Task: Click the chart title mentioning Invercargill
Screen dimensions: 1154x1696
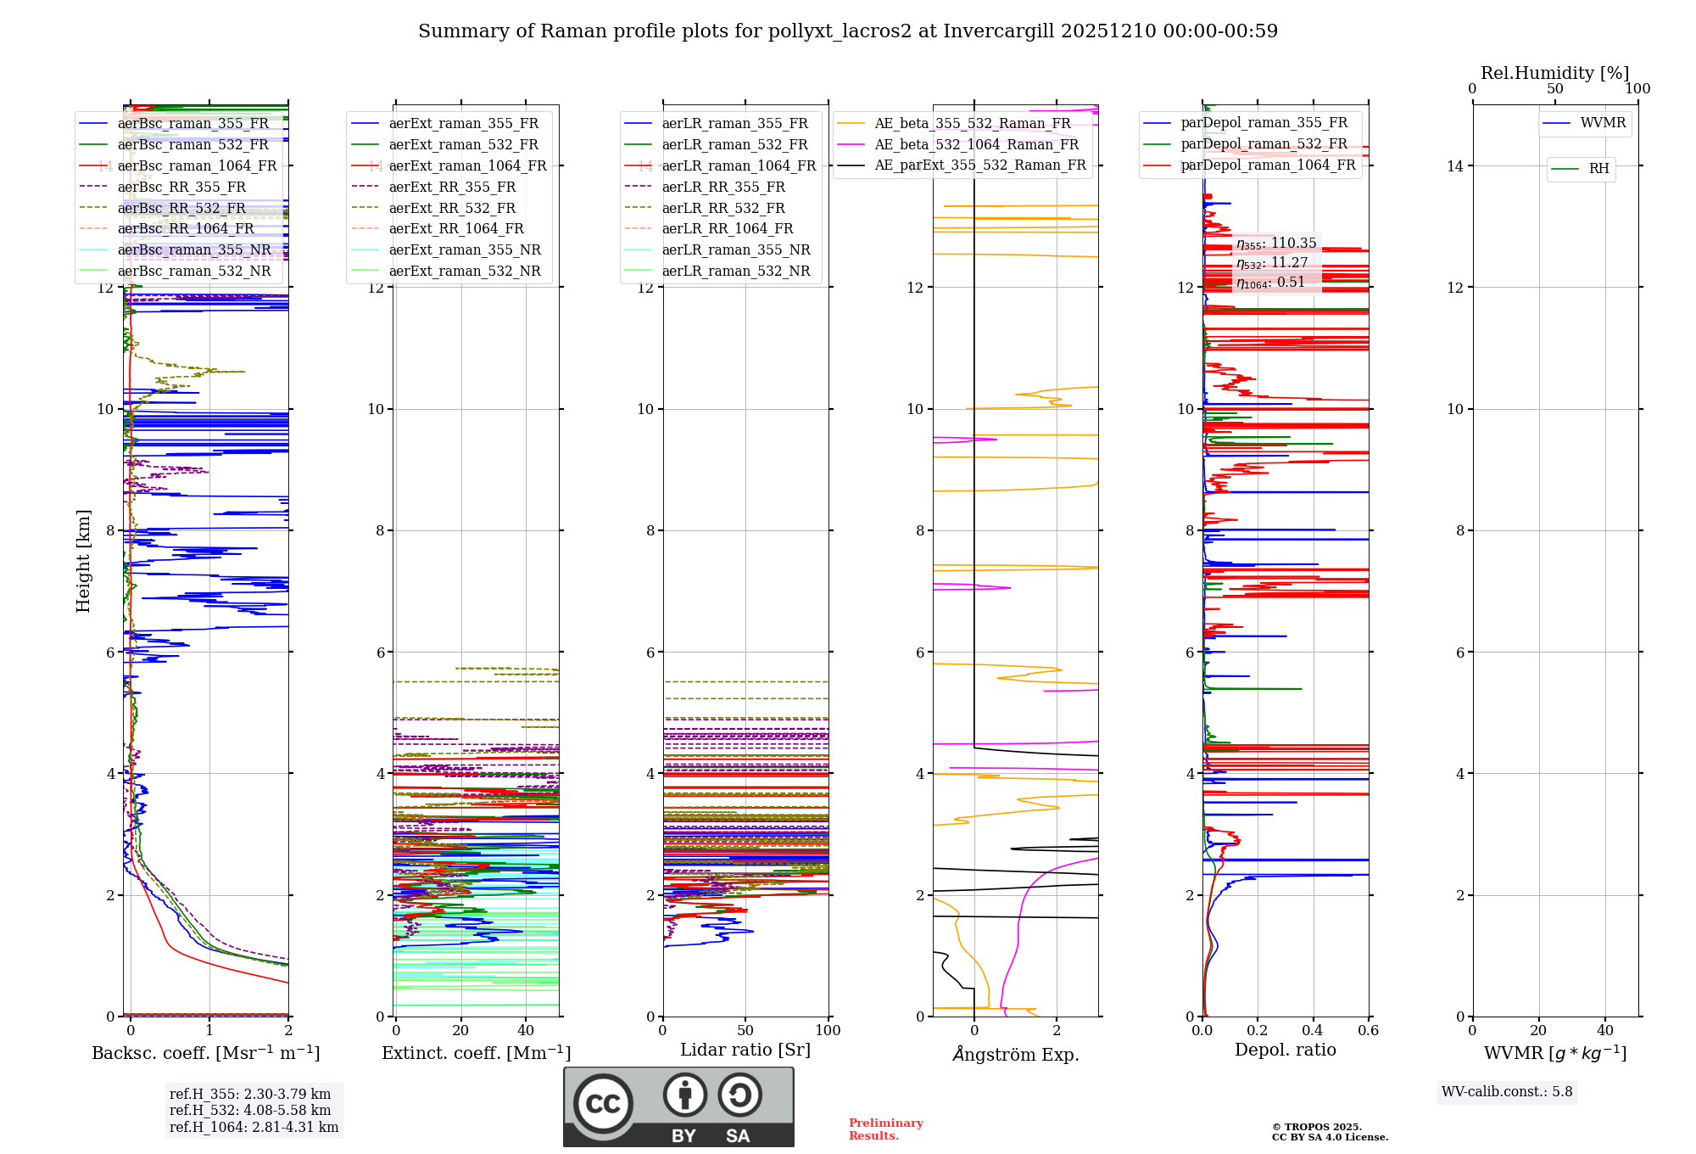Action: click(x=847, y=31)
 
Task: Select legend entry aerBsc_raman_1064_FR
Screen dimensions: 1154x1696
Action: click(x=197, y=165)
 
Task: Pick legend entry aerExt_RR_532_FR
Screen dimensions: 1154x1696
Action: click(x=452, y=208)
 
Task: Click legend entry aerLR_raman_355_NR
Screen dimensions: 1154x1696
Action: click(x=736, y=249)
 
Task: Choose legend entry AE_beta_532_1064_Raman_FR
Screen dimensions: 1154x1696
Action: click(x=976, y=144)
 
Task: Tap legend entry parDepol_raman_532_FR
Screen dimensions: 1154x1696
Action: click(x=1264, y=143)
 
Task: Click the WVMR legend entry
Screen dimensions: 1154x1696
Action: click(x=1603, y=123)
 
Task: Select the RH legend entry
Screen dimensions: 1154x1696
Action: click(x=1598, y=169)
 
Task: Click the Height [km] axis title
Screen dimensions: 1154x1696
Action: click(x=83, y=561)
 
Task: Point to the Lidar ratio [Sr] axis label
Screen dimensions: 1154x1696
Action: click(x=745, y=1050)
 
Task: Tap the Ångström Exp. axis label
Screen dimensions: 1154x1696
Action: click(x=1016, y=1054)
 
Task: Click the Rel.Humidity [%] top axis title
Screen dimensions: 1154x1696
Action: click(x=1554, y=73)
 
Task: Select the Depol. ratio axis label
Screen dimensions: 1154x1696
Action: click(x=1285, y=1050)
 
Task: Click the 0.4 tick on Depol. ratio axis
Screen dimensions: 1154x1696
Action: click(x=1313, y=1030)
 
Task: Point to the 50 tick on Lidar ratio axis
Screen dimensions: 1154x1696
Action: click(x=745, y=1030)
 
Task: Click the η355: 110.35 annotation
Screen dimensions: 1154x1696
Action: click(x=1276, y=244)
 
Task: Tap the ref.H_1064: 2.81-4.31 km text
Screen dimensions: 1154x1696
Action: click(x=254, y=1127)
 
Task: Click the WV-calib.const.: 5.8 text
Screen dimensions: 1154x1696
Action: click(x=1507, y=1091)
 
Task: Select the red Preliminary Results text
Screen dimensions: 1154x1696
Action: click(x=885, y=1129)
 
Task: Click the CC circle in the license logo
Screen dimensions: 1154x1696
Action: click(x=603, y=1103)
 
